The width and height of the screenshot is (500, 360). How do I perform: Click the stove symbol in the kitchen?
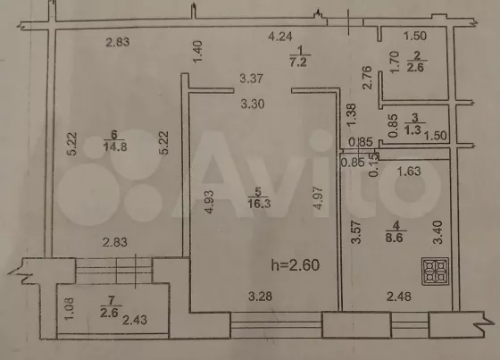pos(436,272)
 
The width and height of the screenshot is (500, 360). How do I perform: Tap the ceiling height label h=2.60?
pos(296,265)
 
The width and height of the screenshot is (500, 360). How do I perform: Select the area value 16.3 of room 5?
pos(259,204)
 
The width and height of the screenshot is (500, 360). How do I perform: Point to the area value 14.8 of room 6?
pos(115,147)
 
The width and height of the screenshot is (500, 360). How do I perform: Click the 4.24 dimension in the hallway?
pos(280,37)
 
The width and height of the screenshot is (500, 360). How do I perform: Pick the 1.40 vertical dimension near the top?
pos(197,52)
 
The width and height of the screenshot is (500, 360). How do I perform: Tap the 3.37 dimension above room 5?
pos(252,79)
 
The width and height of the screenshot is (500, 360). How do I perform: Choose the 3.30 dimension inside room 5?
pos(253,104)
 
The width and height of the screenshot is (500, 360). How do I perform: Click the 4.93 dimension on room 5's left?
pos(209,202)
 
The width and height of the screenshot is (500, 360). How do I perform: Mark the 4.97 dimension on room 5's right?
pos(318,198)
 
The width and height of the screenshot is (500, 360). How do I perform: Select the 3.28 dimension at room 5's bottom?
pos(260,297)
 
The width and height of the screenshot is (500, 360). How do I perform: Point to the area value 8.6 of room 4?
pos(395,238)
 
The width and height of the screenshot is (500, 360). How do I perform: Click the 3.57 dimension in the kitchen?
pos(356,232)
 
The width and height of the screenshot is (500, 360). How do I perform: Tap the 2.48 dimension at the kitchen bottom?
pos(399,297)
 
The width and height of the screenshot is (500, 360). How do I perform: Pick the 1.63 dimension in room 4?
pos(409,172)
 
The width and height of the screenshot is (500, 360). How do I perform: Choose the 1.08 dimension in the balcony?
pos(70,308)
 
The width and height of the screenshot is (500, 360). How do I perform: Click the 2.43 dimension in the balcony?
pos(135,320)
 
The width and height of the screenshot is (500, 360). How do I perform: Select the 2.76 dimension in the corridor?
pos(367,78)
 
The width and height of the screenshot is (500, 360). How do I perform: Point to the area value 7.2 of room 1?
pos(298,62)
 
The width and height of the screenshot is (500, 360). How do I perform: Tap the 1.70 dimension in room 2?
pos(395,63)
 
